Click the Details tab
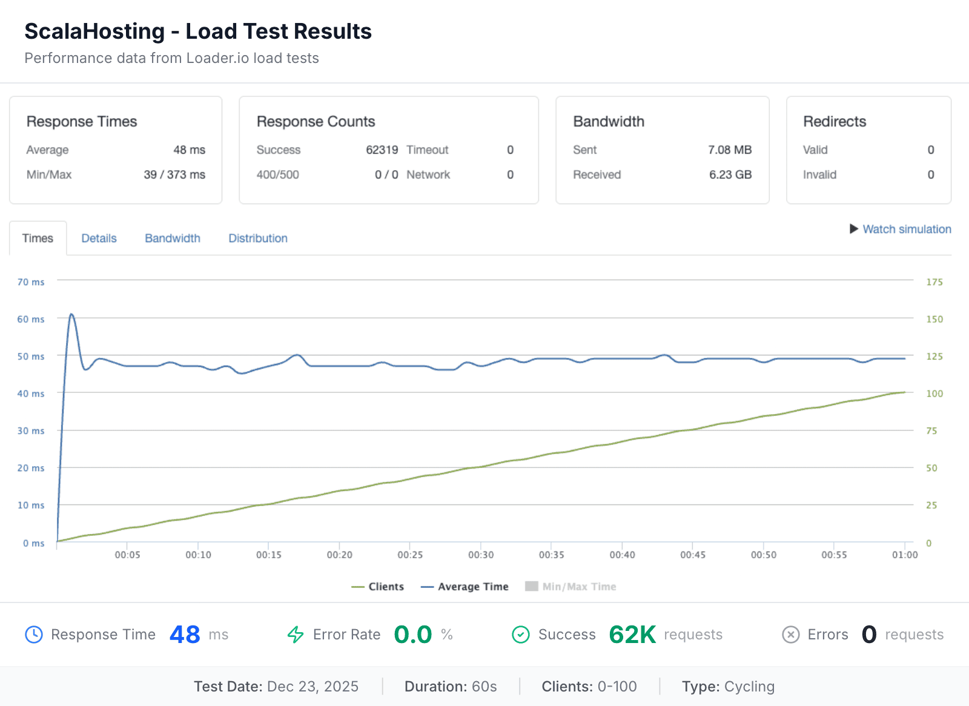pos(99,238)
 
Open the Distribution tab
pos(257,238)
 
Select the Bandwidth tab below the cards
pos(172,238)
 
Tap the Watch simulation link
pos(906,229)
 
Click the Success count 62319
pos(382,150)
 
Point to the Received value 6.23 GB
pos(730,174)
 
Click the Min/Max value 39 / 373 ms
pos(174,174)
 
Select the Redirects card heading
pos(834,121)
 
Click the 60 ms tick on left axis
pos(31,319)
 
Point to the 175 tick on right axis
pos(934,282)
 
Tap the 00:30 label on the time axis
pos(480,555)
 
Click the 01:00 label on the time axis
pos(904,555)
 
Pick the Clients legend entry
pos(378,586)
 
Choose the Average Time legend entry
pos(465,586)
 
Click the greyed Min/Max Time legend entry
pos(571,586)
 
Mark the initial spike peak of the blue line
pos(71,314)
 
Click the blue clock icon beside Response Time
pos(34,635)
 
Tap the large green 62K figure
pos(632,635)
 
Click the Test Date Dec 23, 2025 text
pos(276,686)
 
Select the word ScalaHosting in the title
pos(94,31)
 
